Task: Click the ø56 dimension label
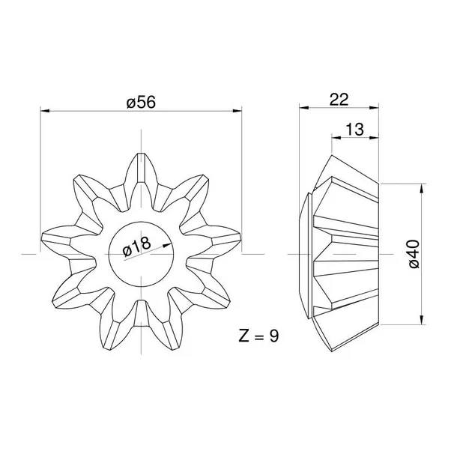point(141,102)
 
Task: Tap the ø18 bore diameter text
point(136,246)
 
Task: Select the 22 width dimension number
point(339,100)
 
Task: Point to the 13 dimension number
point(354,129)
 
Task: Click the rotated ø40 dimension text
point(414,254)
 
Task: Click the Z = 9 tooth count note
point(258,336)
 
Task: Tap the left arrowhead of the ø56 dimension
point(45,111)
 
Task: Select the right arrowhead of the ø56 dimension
point(237,111)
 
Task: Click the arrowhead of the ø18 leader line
point(167,246)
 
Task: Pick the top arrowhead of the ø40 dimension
point(422,188)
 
